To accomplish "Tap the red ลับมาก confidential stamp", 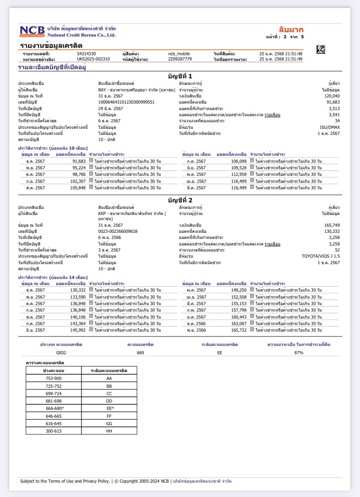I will click(291, 30).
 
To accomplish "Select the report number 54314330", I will click(86, 54).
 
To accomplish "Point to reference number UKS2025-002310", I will click(93, 59).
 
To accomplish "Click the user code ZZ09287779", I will click(180, 59).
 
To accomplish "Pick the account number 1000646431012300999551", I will click(126, 102).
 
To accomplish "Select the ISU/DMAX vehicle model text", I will click(330, 127).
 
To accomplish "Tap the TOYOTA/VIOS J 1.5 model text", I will click(321, 256).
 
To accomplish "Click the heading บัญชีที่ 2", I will click(180, 200).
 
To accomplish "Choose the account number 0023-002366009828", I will click(118, 231).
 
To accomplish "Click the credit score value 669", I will click(140, 353).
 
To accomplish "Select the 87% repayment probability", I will click(299, 353).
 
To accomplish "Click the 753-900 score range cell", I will click(54, 378).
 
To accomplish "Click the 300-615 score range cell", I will click(54, 430).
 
